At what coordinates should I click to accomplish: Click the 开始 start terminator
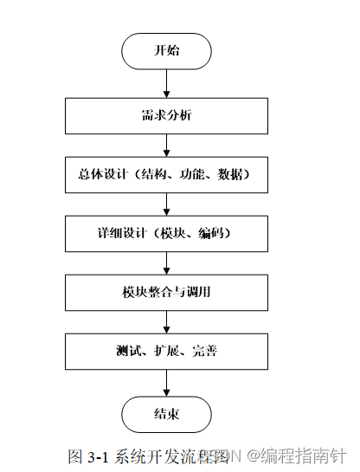pyautogui.click(x=166, y=51)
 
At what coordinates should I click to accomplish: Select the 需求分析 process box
pyautogui.click(x=166, y=115)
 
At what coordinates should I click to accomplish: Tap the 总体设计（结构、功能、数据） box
pyautogui.click(x=166, y=174)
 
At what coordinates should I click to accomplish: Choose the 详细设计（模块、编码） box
pyautogui.click(x=166, y=233)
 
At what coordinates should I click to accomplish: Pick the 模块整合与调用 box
pyautogui.click(x=166, y=292)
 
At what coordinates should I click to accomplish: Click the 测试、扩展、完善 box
pyautogui.click(x=166, y=352)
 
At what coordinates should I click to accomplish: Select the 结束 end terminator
pyautogui.click(x=166, y=414)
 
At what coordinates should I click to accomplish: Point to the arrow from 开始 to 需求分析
pyautogui.click(x=166, y=82)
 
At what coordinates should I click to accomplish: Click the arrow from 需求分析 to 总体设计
pyautogui.click(x=166, y=145)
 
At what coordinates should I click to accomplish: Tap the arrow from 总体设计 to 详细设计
pyautogui.click(x=166, y=204)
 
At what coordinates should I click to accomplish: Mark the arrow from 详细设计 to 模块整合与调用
pyautogui.click(x=166, y=262)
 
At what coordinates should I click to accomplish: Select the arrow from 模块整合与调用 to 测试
pyautogui.click(x=166, y=321)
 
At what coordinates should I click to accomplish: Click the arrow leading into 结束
pyautogui.click(x=166, y=383)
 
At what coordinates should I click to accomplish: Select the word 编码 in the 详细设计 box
pyautogui.click(x=209, y=233)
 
